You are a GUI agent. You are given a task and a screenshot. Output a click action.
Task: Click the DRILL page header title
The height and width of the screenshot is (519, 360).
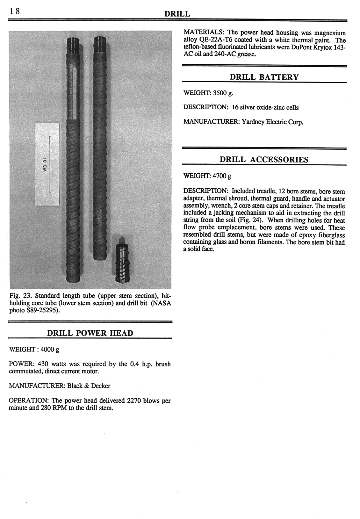(177, 14)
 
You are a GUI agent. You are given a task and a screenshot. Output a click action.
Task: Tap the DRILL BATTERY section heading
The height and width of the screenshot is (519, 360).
(264, 77)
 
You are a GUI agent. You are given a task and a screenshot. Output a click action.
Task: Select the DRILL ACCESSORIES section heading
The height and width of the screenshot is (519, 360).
(264, 160)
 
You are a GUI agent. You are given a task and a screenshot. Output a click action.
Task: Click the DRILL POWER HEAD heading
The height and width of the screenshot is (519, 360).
(90, 333)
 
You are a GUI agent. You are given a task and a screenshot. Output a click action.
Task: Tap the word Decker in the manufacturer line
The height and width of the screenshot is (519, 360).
(101, 386)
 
